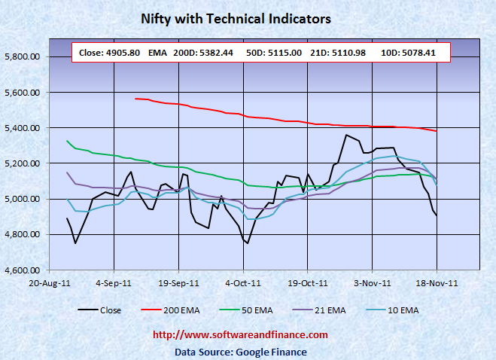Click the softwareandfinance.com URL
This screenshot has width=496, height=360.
[x=240, y=335]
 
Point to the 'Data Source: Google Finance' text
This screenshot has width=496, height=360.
[x=240, y=351]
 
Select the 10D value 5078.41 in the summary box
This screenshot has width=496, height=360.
[x=422, y=53]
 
